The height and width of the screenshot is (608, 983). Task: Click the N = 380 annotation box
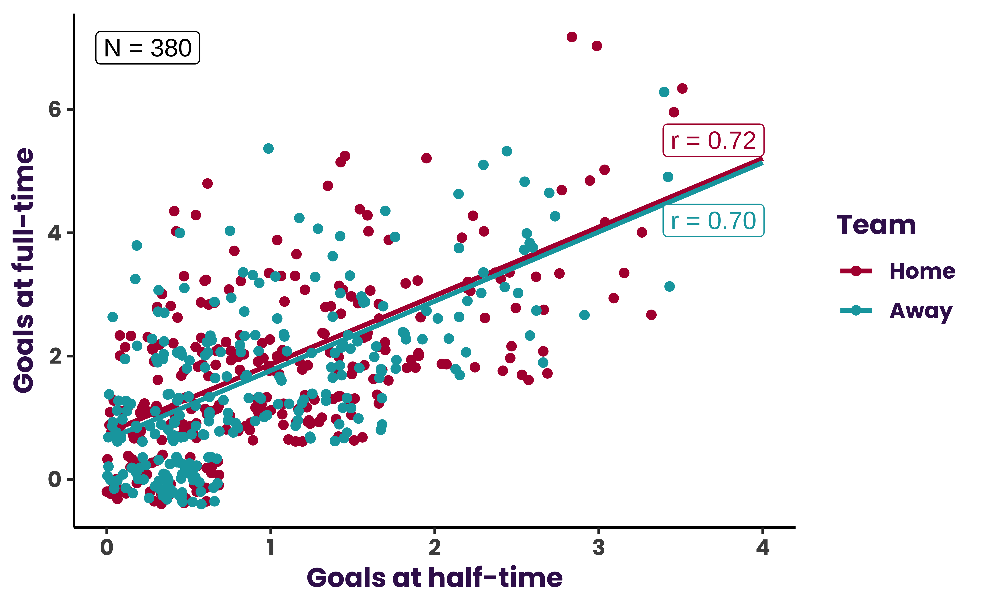click(x=147, y=48)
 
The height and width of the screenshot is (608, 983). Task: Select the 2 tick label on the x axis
click(x=435, y=548)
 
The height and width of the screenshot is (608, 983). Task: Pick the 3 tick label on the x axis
click(x=599, y=548)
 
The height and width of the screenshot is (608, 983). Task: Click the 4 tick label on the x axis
click(x=762, y=548)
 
